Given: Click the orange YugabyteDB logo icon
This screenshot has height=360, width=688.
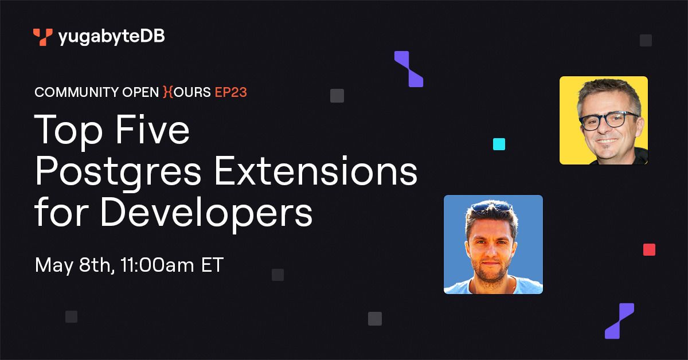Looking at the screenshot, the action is pyautogui.click(x=42, y=37).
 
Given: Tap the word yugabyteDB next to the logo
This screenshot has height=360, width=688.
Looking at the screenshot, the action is pyautogui.click(x=111, y=37).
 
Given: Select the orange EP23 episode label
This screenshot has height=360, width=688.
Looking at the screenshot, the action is pyautogui.click(x=230, y=92).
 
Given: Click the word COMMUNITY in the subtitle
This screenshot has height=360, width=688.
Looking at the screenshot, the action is pyautogui.click(x=76, y=92).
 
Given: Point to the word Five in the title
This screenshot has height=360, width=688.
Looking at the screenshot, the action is pyautogui.click(x=153, y=130).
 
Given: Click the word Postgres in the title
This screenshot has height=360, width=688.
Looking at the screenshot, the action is pyautogui.click(x=118, y=171).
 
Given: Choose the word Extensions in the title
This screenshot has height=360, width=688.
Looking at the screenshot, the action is pyautogui.click(x=316, y=170).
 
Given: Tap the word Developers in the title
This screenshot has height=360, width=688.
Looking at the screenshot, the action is pyautogui.click(x=206, y=213).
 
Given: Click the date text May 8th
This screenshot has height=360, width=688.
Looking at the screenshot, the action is pyautogui.click(x=75, y=265).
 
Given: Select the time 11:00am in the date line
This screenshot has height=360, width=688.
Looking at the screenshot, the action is pyautogui.click(x=157, y=265).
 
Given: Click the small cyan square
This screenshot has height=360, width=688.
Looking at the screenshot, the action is pyautogui.click(x=499, y=144).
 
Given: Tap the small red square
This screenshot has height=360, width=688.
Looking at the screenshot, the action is pyautogui.click(x=649, y=250).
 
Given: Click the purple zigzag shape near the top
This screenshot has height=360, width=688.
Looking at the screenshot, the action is pyautogui.click(x=409, y=69).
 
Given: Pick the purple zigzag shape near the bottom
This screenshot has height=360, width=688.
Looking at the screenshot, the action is pyautogui.click(x=620, y=321).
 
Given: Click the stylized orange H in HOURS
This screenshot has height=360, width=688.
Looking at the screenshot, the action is pyautogui.click(x=168, y=92).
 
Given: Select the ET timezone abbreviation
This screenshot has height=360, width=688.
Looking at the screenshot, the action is pyautogui.click(x=212, y=265).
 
